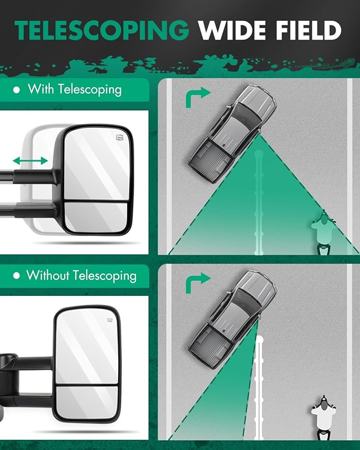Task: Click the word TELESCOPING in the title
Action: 102,31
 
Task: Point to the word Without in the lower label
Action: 48,275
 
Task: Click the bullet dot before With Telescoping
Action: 16,90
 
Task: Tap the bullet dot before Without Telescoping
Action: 16,276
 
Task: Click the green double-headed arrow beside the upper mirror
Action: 30,161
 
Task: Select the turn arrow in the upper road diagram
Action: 198,96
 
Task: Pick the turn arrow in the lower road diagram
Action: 198,283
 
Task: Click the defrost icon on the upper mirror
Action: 120,138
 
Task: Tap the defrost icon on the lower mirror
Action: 110,320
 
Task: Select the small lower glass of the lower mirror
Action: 87,402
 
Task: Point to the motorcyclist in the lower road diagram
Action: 323,417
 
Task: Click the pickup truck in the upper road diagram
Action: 232,133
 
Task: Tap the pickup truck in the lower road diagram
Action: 232,319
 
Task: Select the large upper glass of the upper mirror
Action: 96,164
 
